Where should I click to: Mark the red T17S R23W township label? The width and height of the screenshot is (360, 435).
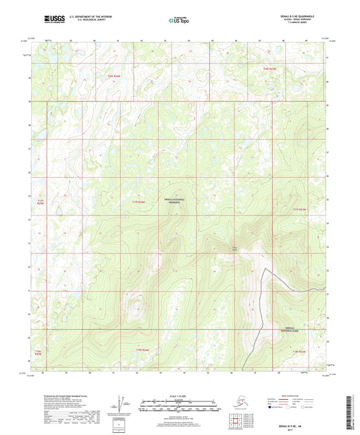click(x=299, y=209)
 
